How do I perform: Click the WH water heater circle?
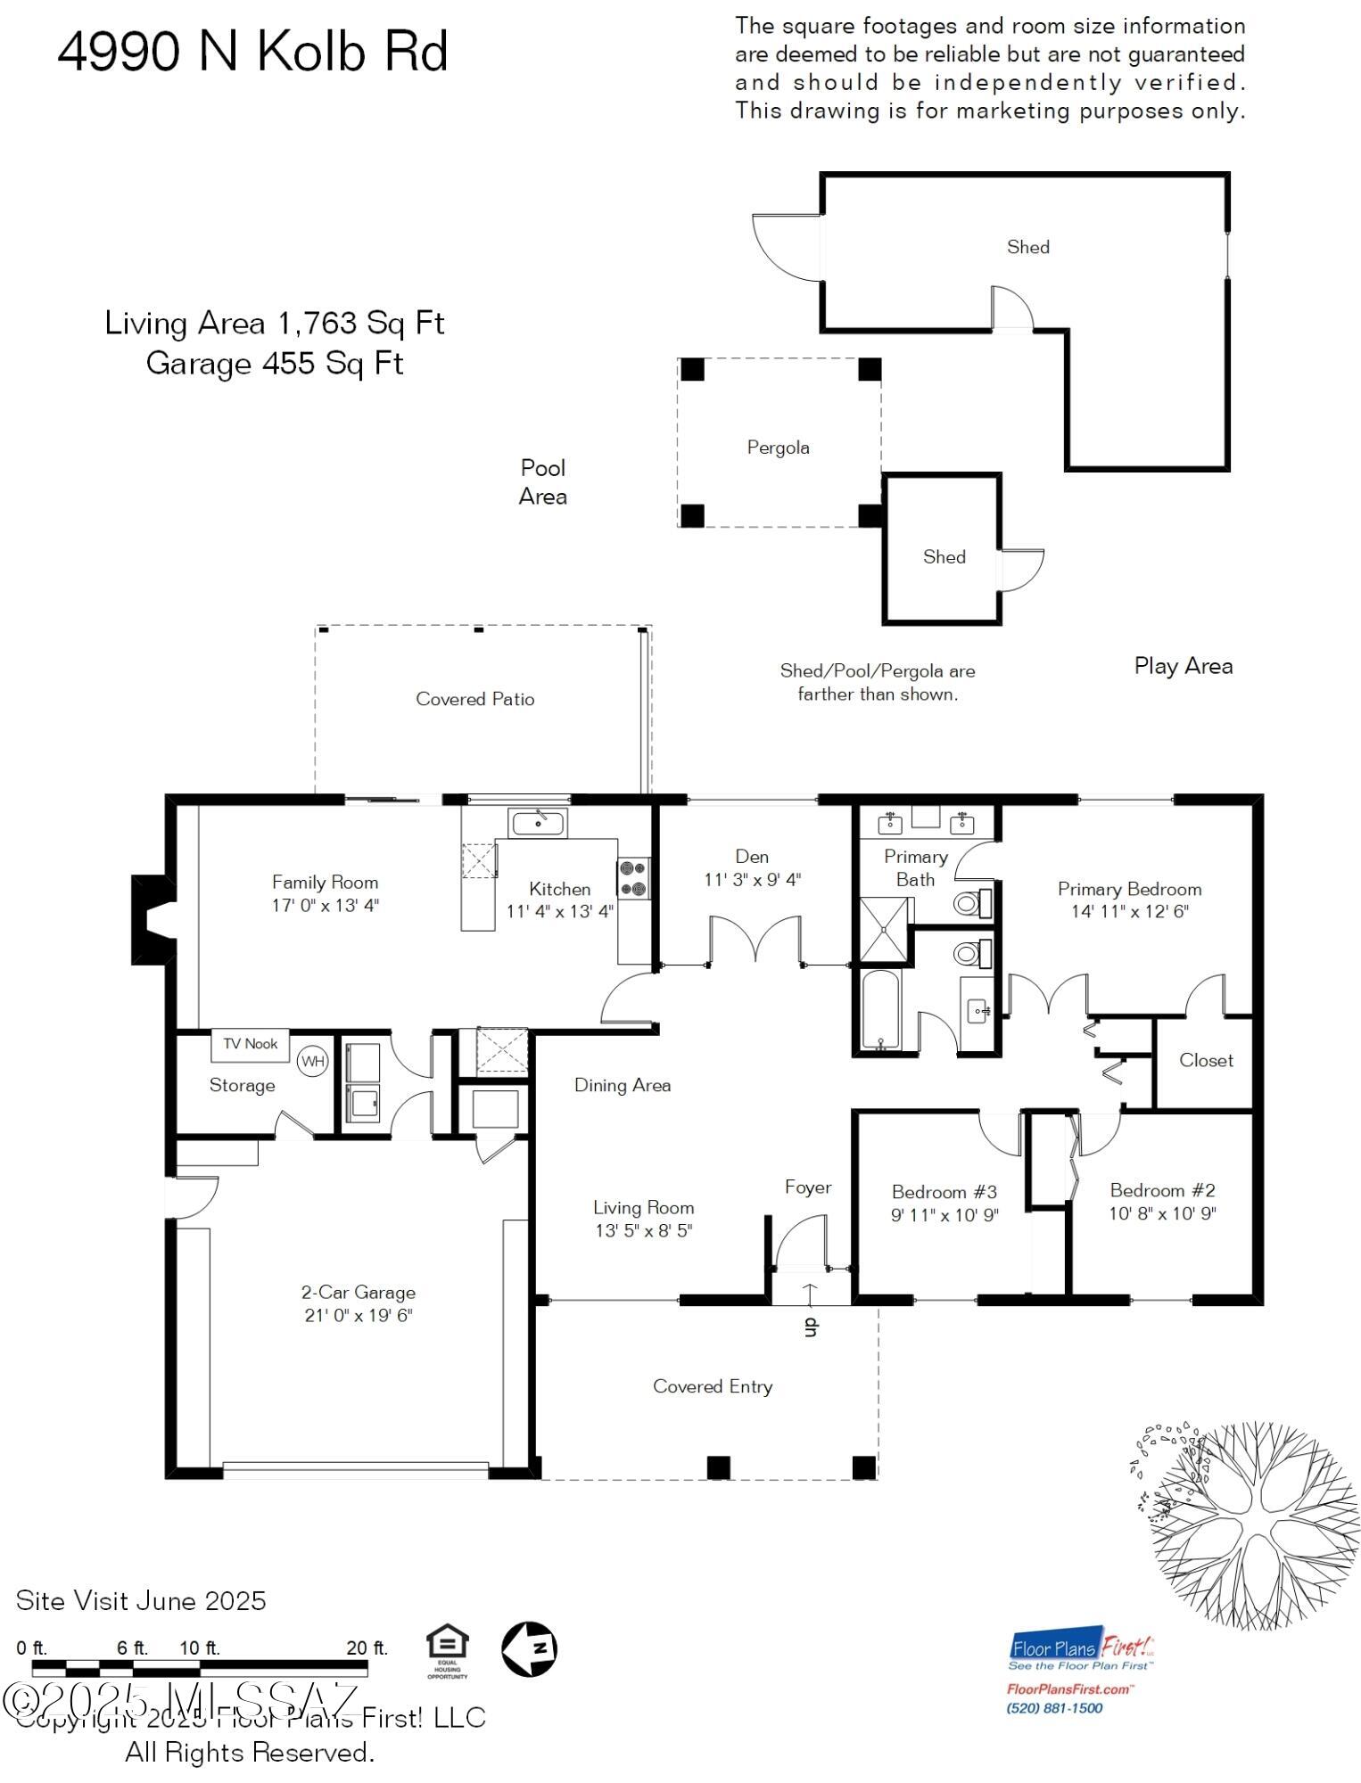312,1061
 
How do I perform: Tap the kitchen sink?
537,823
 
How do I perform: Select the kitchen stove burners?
633,878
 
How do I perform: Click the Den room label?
752,857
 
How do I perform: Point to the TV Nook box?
250,1044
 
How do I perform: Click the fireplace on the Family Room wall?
152,919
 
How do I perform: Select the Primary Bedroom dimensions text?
1129,911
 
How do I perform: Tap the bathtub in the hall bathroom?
881,1009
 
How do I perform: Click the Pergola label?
778,448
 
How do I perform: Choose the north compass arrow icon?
529,1648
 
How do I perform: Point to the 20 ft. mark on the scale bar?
367,1648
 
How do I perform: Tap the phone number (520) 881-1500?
1054,1708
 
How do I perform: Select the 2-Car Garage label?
358,1292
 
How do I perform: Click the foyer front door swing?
800,1244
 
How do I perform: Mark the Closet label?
1206,1060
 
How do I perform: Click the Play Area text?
1183,666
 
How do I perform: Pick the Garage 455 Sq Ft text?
275,364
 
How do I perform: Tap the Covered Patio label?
474,699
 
